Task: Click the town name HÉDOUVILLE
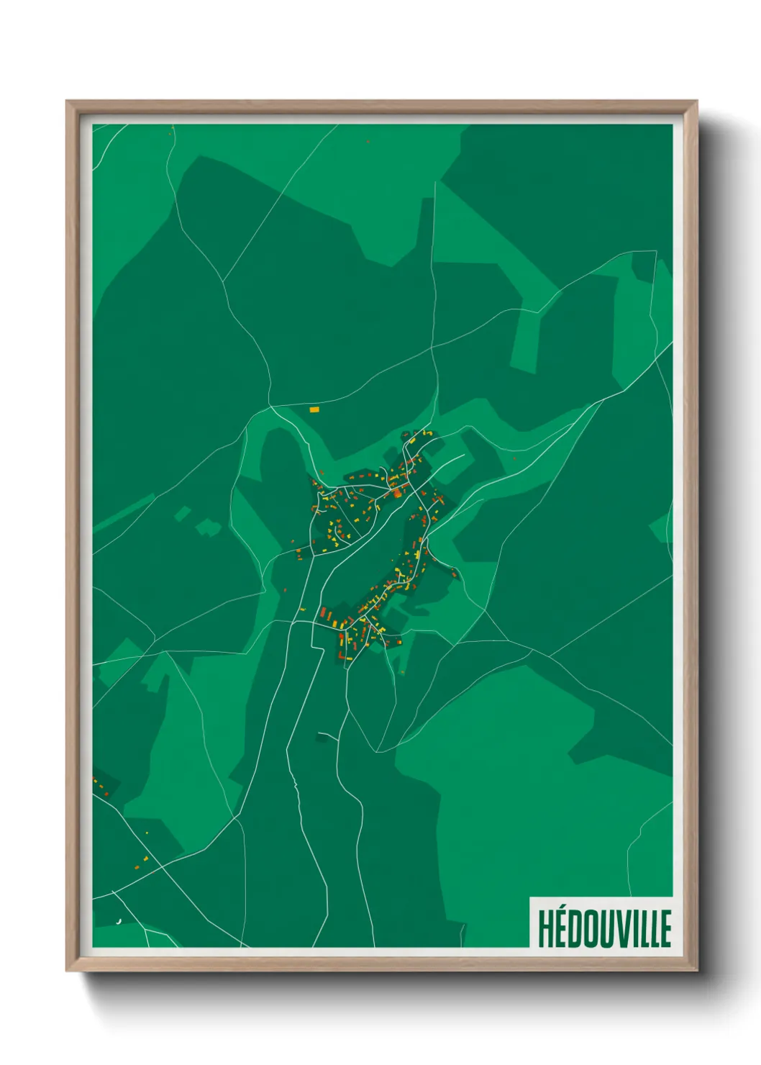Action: coord(604,928)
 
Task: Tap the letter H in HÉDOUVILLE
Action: coord(544,929)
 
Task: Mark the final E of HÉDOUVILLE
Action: coord(667,929)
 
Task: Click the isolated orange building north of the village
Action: coord(314,409)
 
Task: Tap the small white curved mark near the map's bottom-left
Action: coord(119,920)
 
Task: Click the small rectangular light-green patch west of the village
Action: coord(184,513)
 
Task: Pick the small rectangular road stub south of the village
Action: coord(325,736)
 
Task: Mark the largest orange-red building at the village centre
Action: coord(396,493)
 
